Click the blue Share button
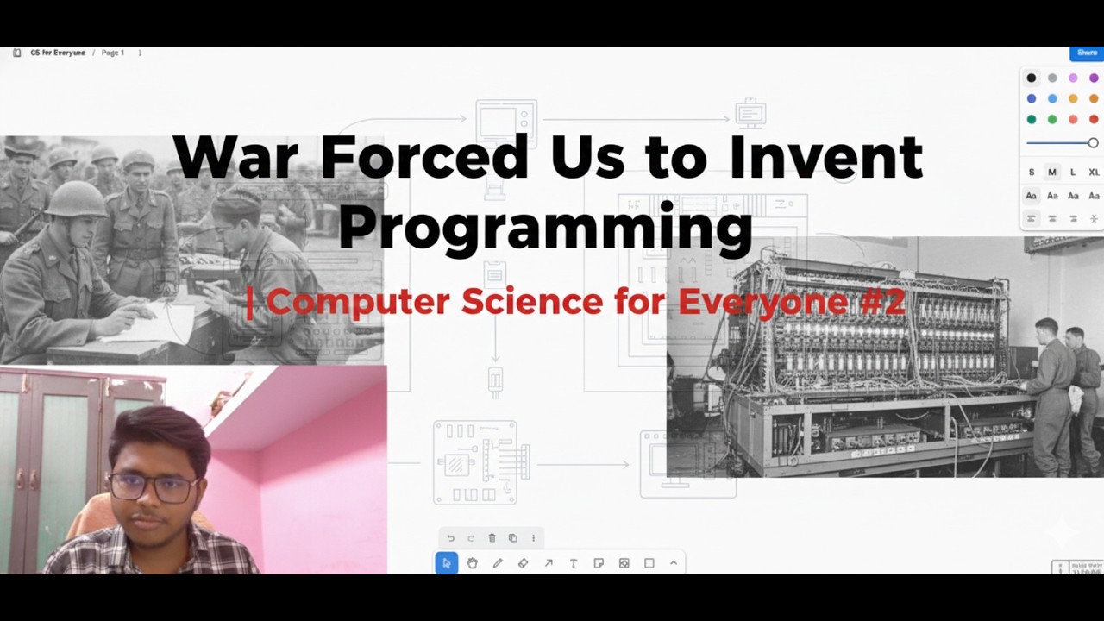point(1087,53)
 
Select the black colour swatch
point(1031,78)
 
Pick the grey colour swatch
point(1052,78)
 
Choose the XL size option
point(1094,172)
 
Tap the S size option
point(1031,172)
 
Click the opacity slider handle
point(1093,143)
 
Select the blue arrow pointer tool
point(446,563)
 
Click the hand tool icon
point(472,563)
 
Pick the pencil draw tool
point(498,563)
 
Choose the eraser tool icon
point(523,563)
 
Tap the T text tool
point(573,563)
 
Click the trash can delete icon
point(492,538)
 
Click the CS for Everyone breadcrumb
point(58,53)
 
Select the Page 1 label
point(113,53)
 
